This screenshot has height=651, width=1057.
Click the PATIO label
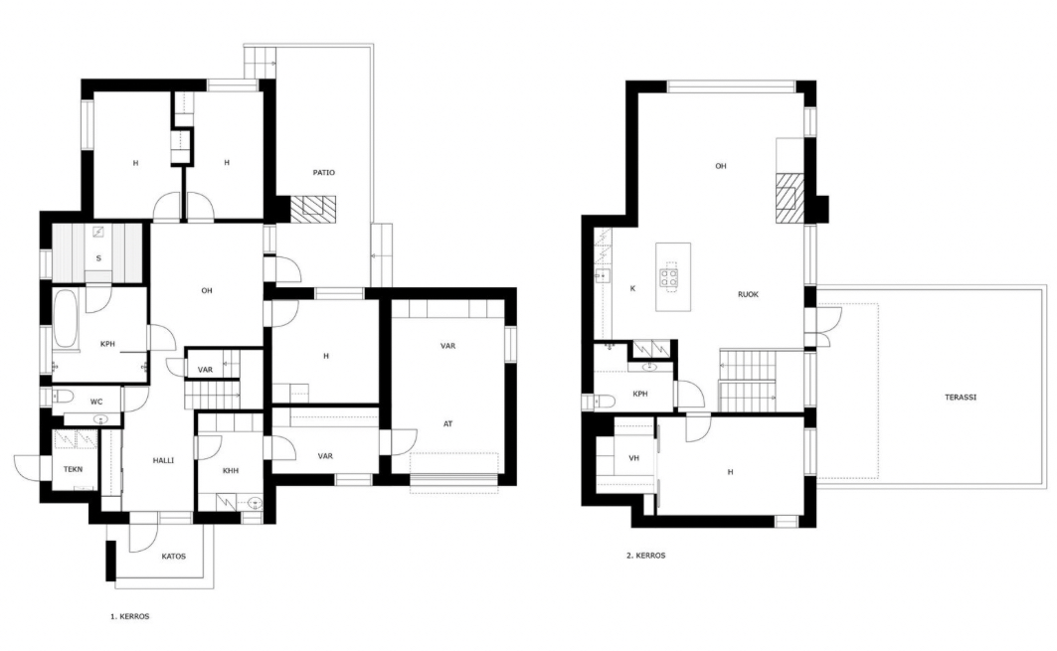coord(323,173)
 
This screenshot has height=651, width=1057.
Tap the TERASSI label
coord(961,397)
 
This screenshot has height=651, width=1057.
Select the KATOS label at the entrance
coord(173,557)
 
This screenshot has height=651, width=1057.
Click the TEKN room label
coord(73,469)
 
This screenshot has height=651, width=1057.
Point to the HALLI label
coord(163,460)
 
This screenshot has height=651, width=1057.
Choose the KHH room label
coord(231,471)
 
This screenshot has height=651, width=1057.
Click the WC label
coord(96,403)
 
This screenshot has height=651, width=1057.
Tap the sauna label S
coord(99,258)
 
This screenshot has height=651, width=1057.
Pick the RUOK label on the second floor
coord(749,294)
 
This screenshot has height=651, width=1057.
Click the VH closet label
coord(633,458)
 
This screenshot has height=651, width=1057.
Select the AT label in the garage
coord(447,423)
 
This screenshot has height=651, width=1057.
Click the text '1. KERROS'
coord(130,616)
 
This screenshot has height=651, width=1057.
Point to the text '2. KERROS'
coord(645,556)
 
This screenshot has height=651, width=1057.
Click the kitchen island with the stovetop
coord(673,277)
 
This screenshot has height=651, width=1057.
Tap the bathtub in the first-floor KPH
coord(66,319)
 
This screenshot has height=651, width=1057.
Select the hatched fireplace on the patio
coord(313,206)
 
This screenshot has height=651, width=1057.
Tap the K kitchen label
coord(632,288)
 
